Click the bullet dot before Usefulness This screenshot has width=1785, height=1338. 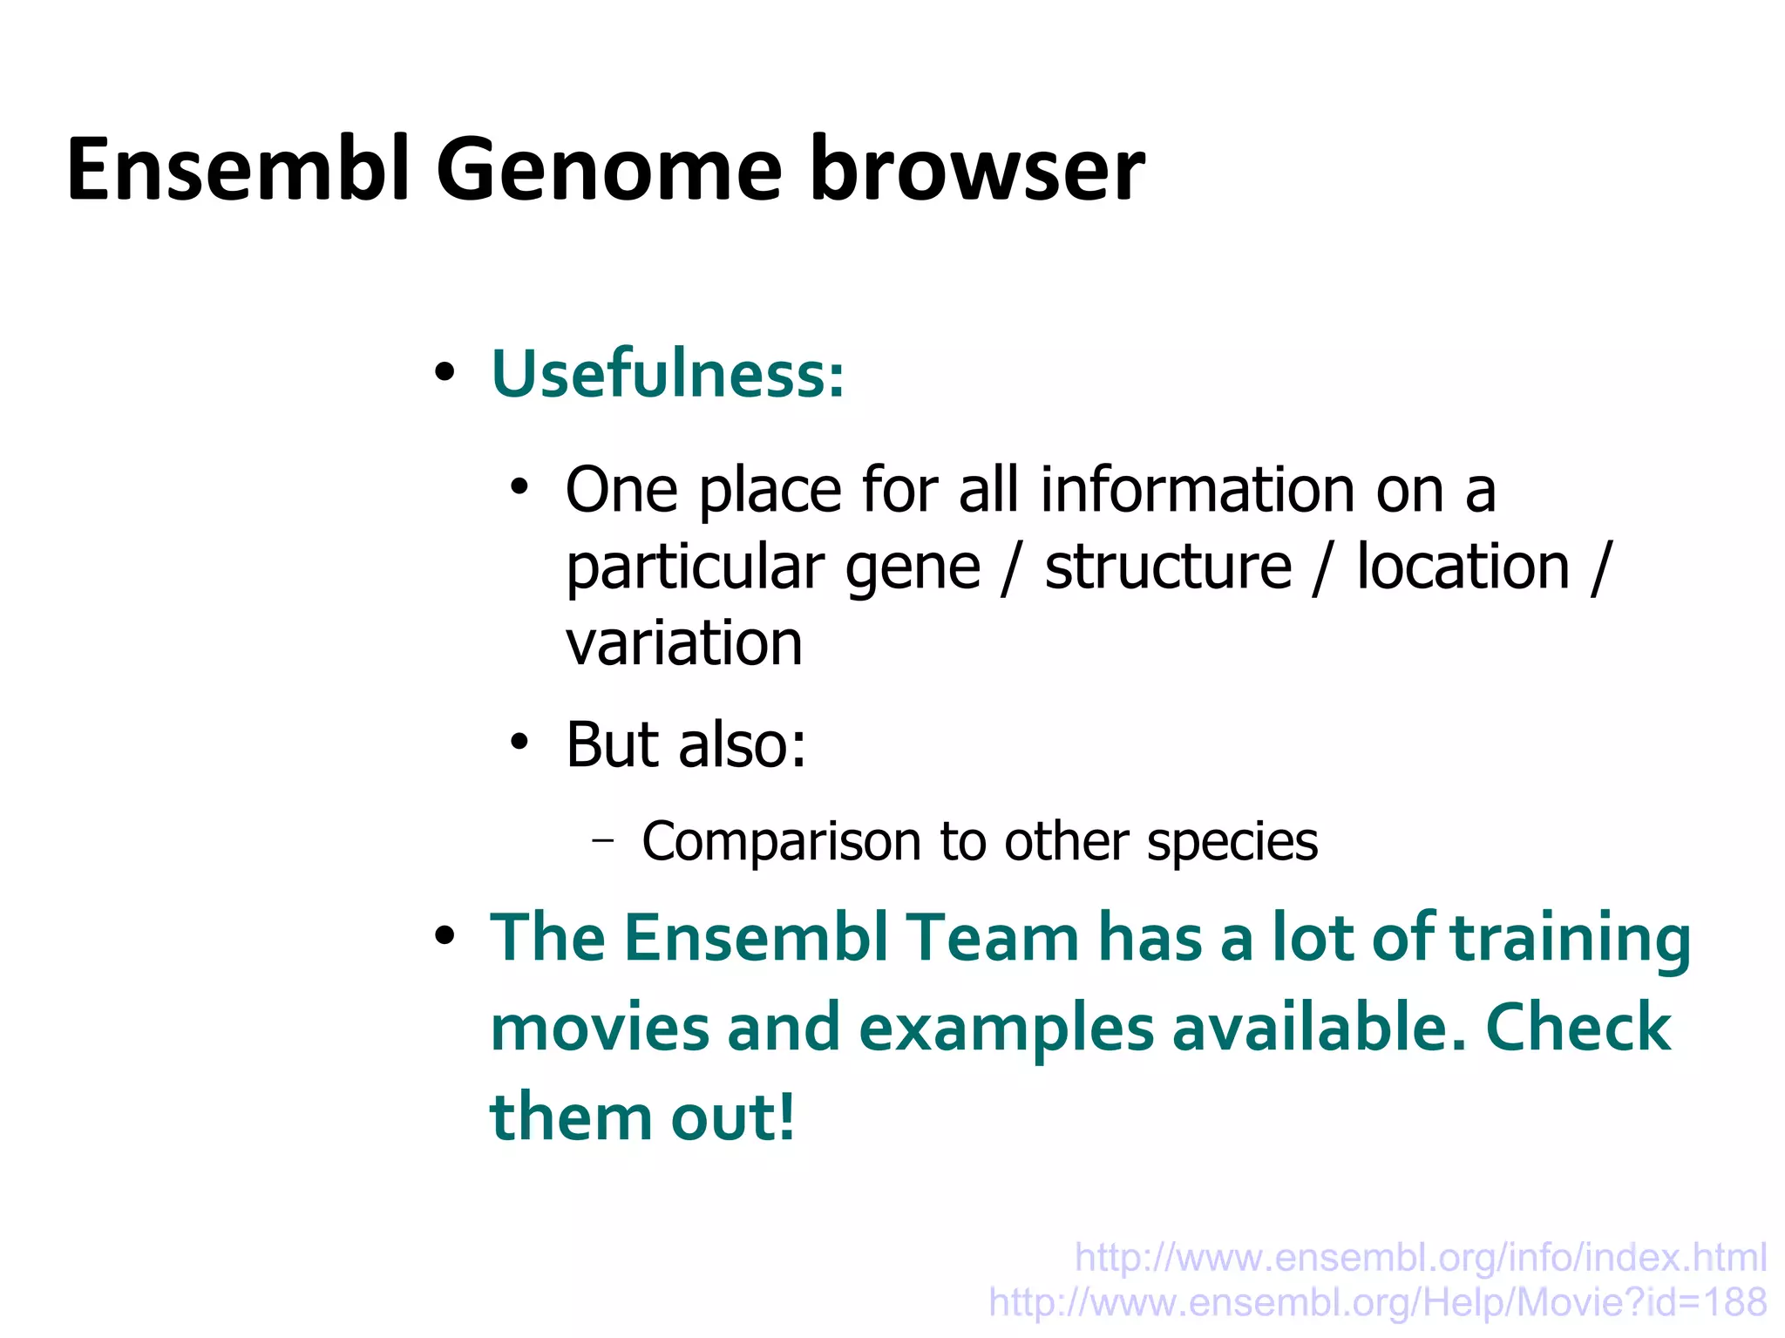tap(445, 373)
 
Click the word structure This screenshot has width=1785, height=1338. tap(1168, 567)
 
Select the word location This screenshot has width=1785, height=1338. tap(1463, 567)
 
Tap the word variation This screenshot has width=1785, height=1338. tap(683, 643)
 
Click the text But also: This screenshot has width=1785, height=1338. tap(686, 745)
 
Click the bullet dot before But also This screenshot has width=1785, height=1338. tap(519, 743)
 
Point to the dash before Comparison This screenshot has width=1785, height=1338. tap(602, 841)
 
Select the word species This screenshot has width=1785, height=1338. tap(1232, 843)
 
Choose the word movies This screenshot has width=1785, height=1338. tap(600, 1029)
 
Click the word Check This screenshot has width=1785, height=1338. tap(1578, 1029)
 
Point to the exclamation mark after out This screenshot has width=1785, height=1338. tap(786, 1117)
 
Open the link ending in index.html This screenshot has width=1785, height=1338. tap(1420, 1258)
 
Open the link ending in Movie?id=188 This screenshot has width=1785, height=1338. tap(1377, 1303)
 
